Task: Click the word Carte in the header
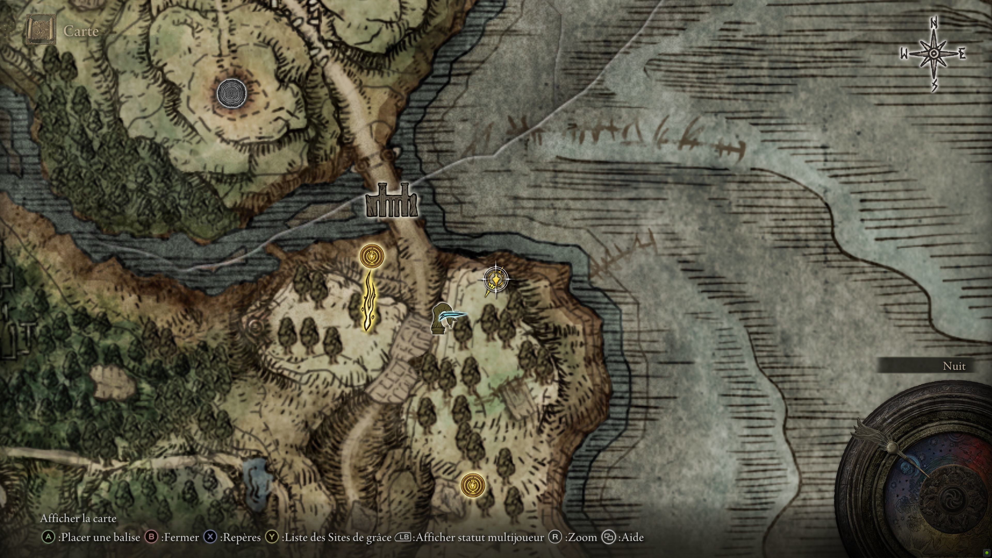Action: click(81, 31)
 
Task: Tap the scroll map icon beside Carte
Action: click(41, 30)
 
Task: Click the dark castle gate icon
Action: click(392, 201)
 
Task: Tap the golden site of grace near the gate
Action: click(372, 256)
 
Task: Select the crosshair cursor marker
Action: click(495, 278)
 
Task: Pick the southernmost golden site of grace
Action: click(472, 484)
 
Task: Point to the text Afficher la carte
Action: click(78, 518)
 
